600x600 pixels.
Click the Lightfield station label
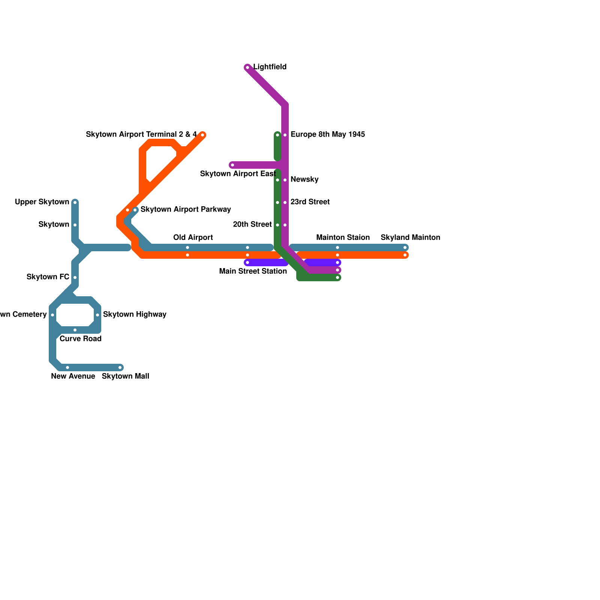[x=270, y=67]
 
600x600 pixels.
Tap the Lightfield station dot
[x=247, y=67]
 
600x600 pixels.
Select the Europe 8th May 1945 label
[x=327, y=135]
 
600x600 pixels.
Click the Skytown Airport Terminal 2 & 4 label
[x=141, y=135]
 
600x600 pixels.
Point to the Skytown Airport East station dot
[x=232, y=165]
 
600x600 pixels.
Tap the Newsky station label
[x=304, y=180]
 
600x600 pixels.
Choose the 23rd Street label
[x=310, y=202]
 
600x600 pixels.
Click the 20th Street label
[x=252, y=225]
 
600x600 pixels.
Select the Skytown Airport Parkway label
[x=185, y=210]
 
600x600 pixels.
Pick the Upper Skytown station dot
[x=75, y=202]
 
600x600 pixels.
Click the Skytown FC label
[x=48, y=277]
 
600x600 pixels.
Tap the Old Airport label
[x=193, y=238]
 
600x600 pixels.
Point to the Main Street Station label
[x=253, y=271]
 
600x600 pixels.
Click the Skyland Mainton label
[x=410, y=238]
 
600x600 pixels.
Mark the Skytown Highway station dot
[x=97, y=315]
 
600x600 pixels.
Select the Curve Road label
[x=80, y=339]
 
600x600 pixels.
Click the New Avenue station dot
[x=67, y=367]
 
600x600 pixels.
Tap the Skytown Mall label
[x=125, y=376]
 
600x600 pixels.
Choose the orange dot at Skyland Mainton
[x=405, y=255]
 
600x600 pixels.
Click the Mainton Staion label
[x=343, y=238]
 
